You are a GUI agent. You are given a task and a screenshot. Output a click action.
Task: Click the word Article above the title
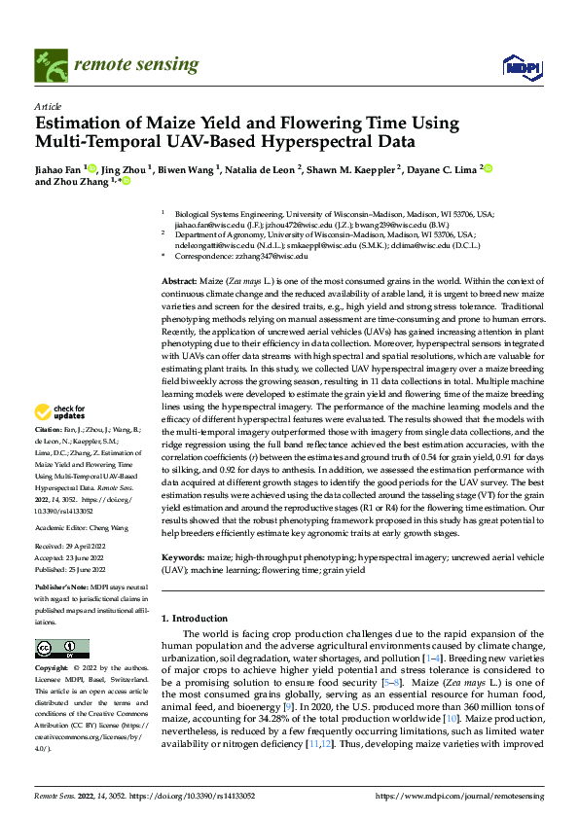click(x=47, y=107)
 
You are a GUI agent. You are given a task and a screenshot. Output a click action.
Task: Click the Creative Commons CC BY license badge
click(x=61, y=649)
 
